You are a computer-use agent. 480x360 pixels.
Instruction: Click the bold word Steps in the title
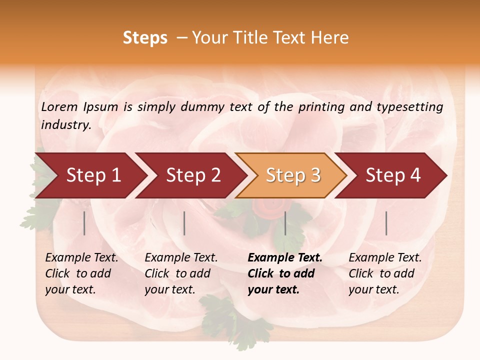click(145, 38)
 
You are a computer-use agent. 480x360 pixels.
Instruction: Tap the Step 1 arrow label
click(93, 175)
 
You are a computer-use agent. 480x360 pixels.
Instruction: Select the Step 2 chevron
click(193, 175)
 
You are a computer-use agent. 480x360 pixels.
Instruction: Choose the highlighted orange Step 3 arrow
click(293, 175)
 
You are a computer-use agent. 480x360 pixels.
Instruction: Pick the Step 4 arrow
click(393, 175)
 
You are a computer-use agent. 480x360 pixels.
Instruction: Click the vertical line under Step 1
click(84, 223)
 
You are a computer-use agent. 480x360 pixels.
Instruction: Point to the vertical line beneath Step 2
click(184, 223)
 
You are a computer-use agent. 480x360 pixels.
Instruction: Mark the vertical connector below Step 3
click(285, 223)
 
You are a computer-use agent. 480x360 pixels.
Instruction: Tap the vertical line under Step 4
click(386, 223)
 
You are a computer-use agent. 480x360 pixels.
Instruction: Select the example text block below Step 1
click(81, 273)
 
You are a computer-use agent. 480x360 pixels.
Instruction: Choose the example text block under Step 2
click(181, 273)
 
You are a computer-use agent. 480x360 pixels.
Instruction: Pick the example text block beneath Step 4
click(385, 273)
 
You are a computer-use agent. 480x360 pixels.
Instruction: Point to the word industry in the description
click(66, 124)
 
